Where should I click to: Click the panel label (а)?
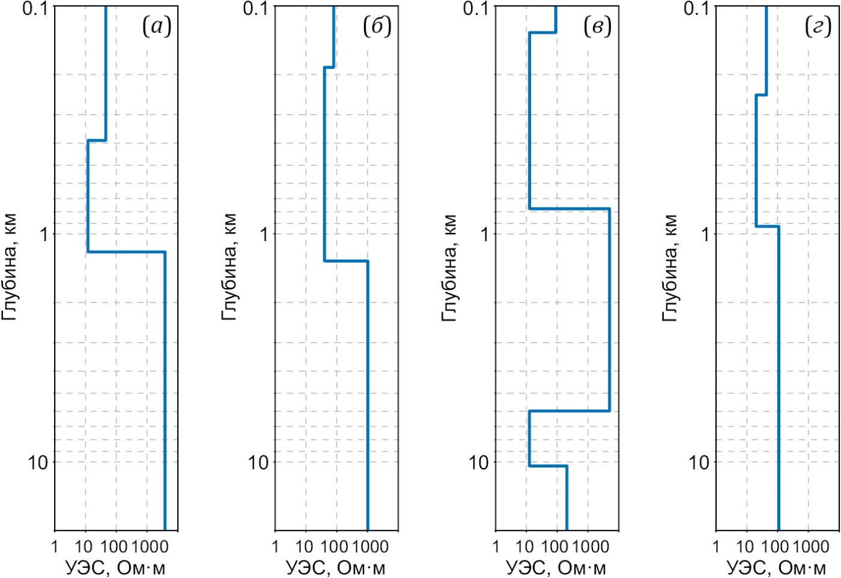157,26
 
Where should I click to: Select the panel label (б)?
377,26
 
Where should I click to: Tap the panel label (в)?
598,26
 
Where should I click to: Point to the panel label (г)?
818,26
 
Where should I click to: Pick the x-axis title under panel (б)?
335,567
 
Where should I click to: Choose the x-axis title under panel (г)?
776,567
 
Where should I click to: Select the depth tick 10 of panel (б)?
258,462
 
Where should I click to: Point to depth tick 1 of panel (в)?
484,234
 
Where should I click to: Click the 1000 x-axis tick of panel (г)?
811,547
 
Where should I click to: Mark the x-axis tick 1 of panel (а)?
55,547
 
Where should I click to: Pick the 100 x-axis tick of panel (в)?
554,547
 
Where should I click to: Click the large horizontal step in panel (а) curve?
126,252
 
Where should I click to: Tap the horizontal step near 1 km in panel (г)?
767,226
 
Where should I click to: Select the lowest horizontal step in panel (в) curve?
548,466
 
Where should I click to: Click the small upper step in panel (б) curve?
329,67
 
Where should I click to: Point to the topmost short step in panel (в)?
542,32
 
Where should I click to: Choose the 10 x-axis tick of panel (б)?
305,547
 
